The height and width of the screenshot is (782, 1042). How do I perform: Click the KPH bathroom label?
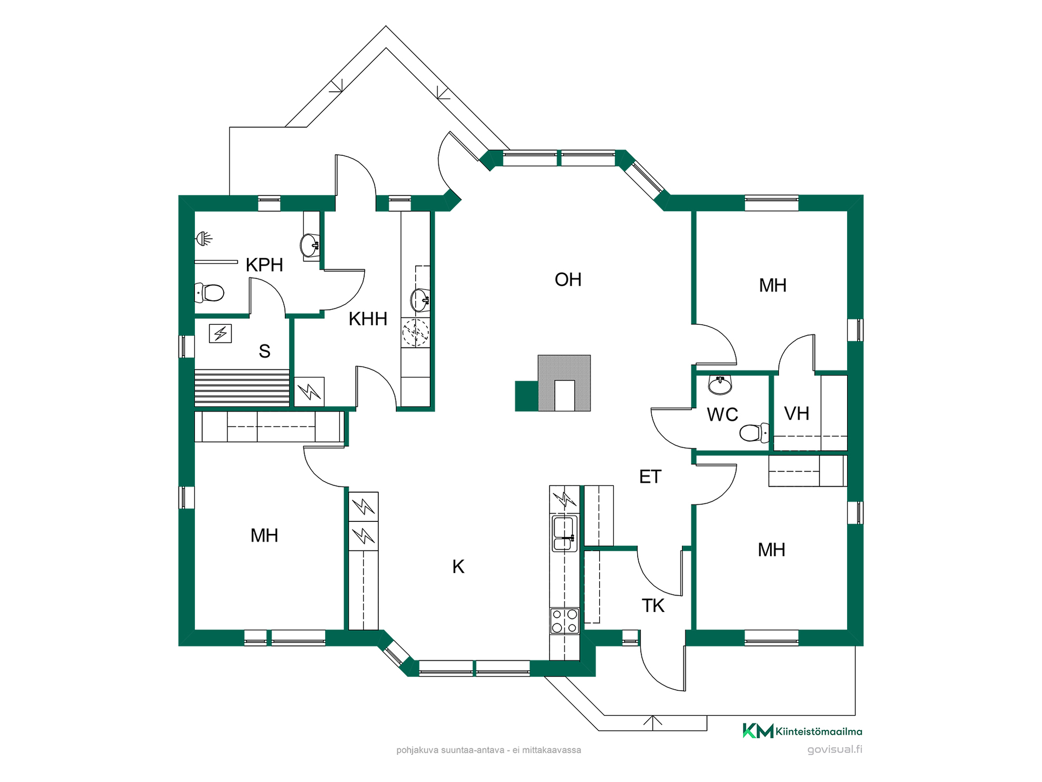coord(264,265)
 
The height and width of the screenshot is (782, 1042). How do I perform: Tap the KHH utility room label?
coord(368,319)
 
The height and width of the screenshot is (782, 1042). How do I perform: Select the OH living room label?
coord(568,280)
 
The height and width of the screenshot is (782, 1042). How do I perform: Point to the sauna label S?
coord(265,351)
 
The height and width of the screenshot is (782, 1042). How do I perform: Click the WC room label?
coord(722,415)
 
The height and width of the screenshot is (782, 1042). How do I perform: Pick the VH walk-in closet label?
coord(797,414)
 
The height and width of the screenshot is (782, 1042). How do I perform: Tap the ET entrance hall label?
coord(650,477)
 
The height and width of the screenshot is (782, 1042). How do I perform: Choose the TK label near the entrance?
coord(653,606)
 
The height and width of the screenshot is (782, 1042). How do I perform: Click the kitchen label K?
coord(459,567)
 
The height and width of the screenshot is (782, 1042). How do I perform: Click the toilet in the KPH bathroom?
coord(209,293)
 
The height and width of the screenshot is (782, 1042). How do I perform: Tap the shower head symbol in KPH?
coord(204,238)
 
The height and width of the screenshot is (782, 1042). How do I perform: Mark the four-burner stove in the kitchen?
coord(564,621)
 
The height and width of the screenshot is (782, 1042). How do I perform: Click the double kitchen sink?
coord(564,534)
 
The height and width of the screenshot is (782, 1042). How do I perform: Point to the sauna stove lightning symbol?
coord(220,333)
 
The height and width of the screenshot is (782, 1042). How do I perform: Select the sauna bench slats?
coord(242,388)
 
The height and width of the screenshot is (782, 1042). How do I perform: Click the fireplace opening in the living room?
coord(564,395)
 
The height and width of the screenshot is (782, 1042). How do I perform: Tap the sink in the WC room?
coord(720,385)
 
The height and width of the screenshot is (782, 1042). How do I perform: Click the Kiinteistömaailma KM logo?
coord(802,731)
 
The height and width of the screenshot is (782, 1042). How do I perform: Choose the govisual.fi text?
coord(835,750)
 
